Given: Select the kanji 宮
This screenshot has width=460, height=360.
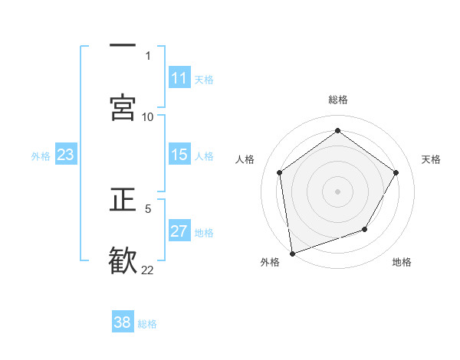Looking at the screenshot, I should point(123,106).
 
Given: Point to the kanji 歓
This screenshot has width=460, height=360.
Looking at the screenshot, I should point(123,259).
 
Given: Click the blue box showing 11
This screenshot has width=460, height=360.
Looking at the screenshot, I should point(179,78).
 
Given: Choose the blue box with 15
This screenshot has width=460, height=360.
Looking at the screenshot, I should point(179,155).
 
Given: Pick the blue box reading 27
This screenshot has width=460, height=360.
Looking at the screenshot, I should point(179,231).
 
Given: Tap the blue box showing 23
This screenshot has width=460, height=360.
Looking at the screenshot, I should point(66,155).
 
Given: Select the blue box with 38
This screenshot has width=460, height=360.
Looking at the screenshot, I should point(123,322).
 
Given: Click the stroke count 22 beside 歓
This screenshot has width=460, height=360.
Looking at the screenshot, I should point(148,270).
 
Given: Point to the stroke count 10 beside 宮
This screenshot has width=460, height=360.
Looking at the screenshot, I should point(148,116).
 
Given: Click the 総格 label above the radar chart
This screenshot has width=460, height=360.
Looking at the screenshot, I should point(338,100).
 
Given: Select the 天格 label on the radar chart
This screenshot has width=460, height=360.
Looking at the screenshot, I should point(431,159).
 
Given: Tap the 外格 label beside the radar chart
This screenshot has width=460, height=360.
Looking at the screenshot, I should point(270,262).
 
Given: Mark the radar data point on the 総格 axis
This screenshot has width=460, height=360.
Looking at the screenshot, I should point(338,131).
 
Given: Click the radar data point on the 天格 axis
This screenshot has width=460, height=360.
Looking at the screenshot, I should point(396,172).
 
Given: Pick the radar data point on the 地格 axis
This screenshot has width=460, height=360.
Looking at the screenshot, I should point(365,229).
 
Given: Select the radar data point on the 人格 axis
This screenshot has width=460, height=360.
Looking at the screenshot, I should point(280,172).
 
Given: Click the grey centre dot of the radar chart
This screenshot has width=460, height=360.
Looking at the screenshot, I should point(338,191).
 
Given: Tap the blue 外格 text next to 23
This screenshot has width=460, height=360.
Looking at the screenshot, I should point(41,156).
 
